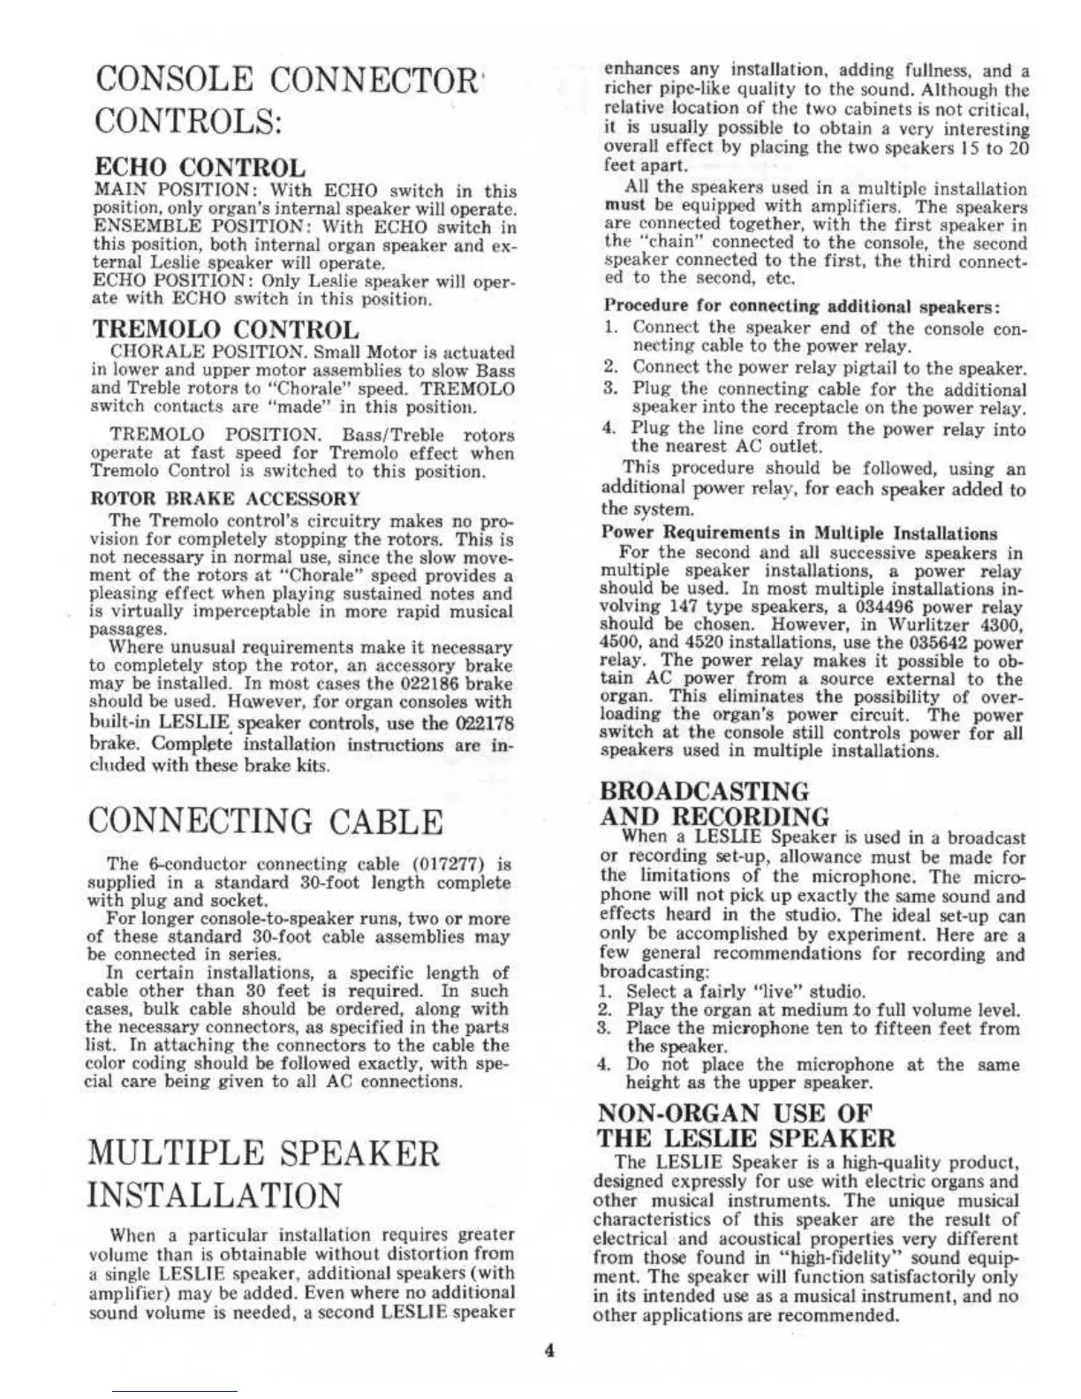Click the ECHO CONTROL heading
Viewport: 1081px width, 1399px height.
pos(200,167)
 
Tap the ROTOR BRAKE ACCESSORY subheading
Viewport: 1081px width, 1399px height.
pos(225,498)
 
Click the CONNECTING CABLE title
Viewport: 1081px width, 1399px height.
pos(265,821)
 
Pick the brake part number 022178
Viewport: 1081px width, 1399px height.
pos(484,723)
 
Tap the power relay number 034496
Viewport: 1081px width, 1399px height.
pos(891,607)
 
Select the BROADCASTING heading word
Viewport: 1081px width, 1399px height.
pos(704,790)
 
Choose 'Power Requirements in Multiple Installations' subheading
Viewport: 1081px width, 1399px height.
pos(798,533)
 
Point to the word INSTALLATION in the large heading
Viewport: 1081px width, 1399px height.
pos(215,1194)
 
